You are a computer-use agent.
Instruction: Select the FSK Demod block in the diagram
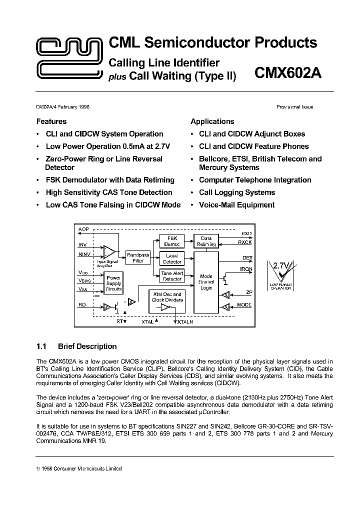172,241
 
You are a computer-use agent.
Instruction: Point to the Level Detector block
172,258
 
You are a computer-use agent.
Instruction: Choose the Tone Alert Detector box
172,276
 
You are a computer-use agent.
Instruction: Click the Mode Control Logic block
206,282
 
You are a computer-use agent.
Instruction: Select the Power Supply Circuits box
113,283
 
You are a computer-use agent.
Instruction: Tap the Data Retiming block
206,241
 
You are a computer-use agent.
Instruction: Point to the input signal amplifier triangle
109,251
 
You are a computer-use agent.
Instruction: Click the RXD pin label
246,233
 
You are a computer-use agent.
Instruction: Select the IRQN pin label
246,269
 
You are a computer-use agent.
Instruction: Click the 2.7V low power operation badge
280,275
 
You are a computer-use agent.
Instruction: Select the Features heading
51,121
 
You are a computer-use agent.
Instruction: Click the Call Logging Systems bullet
237,192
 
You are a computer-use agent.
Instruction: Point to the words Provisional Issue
294,107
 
